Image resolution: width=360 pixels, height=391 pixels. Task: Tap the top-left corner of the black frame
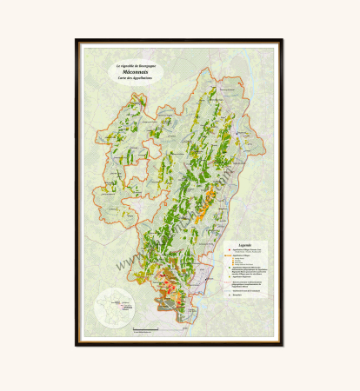pyautogui.click(x=77, y=40)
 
